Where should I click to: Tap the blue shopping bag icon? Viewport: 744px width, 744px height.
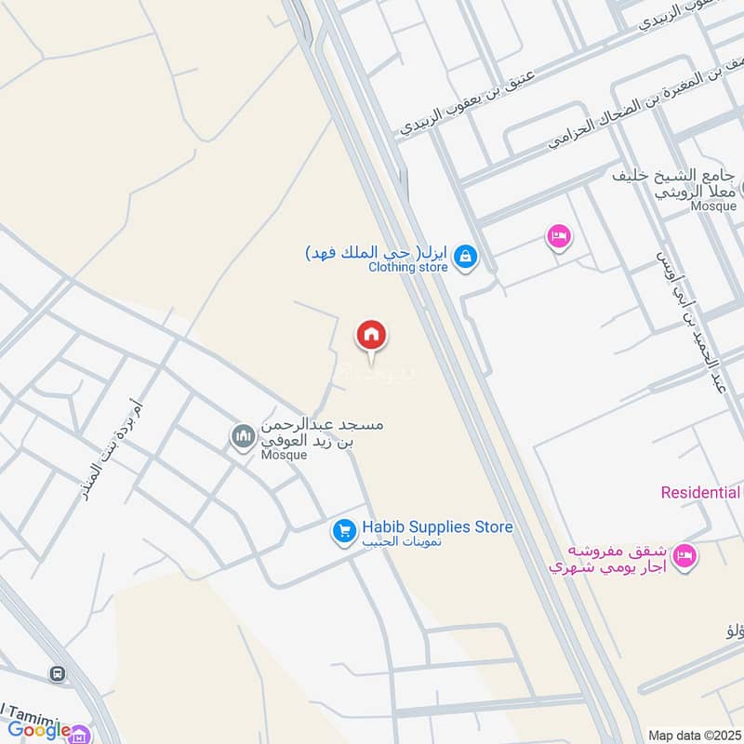466,255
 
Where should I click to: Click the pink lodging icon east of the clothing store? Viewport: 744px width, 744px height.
558,237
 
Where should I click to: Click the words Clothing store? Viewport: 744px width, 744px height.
408,268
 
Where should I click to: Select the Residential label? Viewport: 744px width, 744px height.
701,492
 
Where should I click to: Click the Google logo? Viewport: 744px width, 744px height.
40,730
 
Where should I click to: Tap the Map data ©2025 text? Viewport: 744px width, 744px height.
695,735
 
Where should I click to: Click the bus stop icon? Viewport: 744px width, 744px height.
58,673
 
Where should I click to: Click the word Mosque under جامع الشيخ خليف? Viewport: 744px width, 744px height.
714,206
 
